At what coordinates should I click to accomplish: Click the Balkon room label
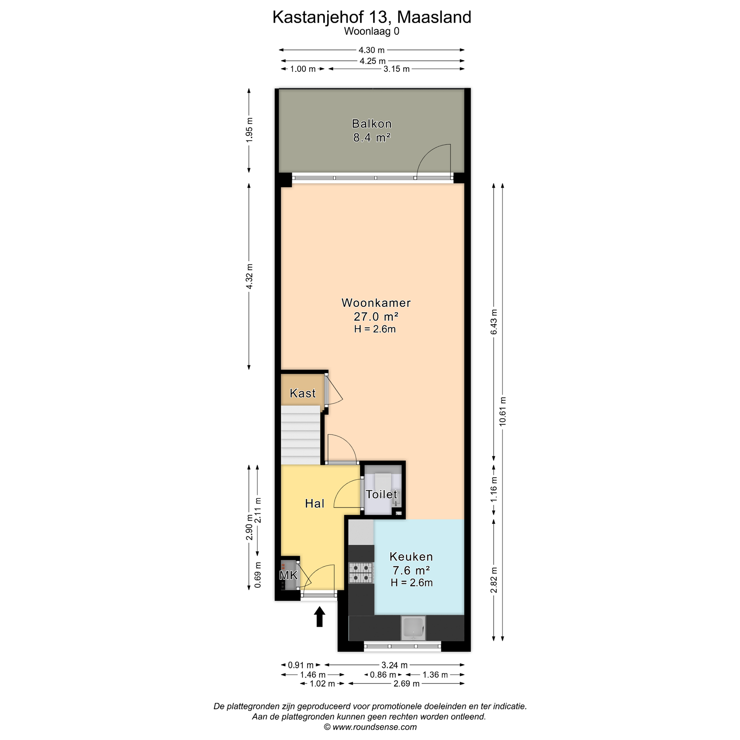(372, 124)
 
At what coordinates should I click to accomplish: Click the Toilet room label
(381, 494)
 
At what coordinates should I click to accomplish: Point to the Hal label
(314, 503)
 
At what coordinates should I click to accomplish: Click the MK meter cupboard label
(288, 575)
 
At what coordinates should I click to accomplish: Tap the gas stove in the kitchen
(361, 573)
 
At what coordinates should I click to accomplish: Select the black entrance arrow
(319, 617)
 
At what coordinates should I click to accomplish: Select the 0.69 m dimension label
(258, 575)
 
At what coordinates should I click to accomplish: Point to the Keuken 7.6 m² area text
(411, 570)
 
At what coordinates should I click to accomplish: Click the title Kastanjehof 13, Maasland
(372, 17)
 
